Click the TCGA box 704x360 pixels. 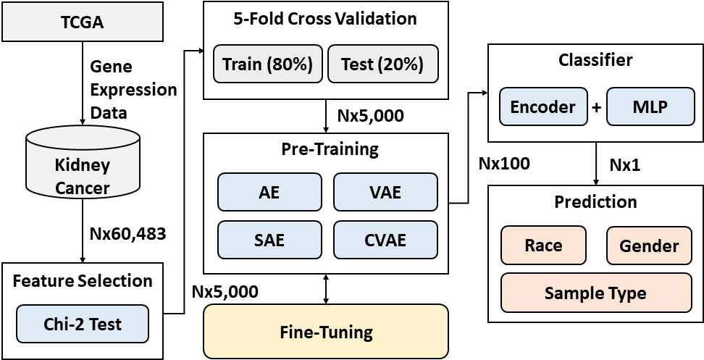[x=82, y=22]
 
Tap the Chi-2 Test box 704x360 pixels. [x=82, y=324]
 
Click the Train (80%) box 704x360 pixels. [x=267, y=64]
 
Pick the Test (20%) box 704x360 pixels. [x=382, y=64]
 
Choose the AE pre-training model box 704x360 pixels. [x=269, y=192]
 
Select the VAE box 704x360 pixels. [x=385, y=192]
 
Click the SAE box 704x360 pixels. [x=269, y=240]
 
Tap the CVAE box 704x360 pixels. [x=385, y=240]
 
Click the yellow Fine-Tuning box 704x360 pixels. [x=326, y=332]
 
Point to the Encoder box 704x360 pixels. [x=543, y=106]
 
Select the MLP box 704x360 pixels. [x=650, y=106]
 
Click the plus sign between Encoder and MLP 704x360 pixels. [x=597, y=107]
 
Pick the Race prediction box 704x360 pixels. [x=543, y=245]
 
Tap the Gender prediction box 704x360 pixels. [x=649, y=245]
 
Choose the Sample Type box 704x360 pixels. [x=596, y=293]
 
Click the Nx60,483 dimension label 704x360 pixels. [x=128, y=233]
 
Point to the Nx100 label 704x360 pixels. [x=504, y=164]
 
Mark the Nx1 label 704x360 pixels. [x=625, y=165]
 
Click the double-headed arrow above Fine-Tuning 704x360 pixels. [x=326, y=289]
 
